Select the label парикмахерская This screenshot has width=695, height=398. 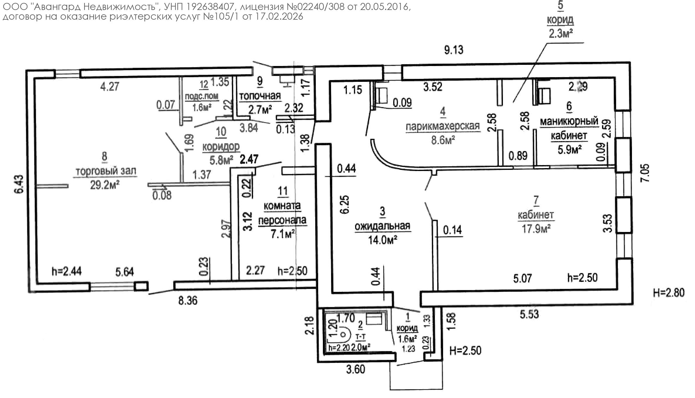(x=443, y=126)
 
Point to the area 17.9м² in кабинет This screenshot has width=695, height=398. (x=536, y=229)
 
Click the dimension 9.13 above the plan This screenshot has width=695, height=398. (x=454, y=50)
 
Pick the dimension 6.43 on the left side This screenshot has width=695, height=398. (x=18, y=184)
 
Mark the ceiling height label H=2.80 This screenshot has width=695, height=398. (x=669, y=293)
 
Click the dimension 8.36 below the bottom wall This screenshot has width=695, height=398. (x=188, y=301)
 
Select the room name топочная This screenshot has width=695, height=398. (x=260, y=96)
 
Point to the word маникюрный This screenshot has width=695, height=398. (x=569, y=121)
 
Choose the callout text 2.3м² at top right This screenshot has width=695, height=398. (x=561, y=34)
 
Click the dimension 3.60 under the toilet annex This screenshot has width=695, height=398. (x=356, y=369)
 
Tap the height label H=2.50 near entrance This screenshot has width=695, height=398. (x=466, y=350)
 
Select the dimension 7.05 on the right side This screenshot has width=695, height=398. (x=646, y=173)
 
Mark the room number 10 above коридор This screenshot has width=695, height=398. (x=221, y=132)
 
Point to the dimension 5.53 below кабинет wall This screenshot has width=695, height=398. (x=529, y=314)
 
